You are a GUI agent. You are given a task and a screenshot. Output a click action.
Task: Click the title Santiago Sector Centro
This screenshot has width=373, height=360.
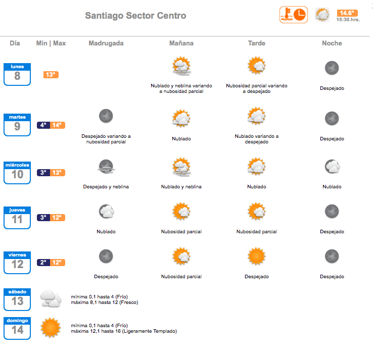click(135, 16)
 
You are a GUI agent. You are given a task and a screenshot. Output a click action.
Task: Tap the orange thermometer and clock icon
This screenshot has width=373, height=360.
click(294, 15)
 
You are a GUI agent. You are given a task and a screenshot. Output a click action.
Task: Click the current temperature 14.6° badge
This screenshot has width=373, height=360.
click(347, 13)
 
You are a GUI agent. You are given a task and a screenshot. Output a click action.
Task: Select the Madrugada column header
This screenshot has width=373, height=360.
click(106, 43)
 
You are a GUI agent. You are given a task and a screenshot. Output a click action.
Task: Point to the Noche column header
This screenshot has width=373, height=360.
click(332, 43)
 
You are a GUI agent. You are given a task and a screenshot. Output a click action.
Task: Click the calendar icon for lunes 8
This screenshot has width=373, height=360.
click(17, 74)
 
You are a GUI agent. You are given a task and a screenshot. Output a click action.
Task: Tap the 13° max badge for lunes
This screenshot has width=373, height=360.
click(51, 75)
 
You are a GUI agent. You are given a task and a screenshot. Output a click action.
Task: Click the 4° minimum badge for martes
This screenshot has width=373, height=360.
click(43, 125)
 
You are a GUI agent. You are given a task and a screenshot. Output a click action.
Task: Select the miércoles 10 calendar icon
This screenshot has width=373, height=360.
click(17, 173)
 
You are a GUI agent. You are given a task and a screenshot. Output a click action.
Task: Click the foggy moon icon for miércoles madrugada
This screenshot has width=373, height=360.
click(106, 167)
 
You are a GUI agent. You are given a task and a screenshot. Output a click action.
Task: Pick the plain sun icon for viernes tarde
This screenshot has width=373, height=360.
click(256, 256)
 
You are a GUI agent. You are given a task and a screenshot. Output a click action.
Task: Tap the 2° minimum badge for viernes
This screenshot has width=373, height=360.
click(43, 263)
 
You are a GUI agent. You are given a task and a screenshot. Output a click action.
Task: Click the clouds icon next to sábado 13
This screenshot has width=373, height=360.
click(51, 298)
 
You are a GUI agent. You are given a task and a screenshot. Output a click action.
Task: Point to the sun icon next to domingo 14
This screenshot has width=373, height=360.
click(51, 328)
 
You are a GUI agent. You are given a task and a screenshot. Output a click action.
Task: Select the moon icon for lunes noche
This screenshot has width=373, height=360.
click(332, 68)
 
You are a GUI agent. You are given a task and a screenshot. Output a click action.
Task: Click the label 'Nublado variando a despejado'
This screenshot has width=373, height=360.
click(257, 139)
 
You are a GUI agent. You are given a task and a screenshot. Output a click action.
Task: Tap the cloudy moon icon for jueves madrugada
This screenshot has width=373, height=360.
click(107, 211)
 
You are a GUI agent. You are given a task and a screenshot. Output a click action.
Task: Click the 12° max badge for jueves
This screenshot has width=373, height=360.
click(57, 218)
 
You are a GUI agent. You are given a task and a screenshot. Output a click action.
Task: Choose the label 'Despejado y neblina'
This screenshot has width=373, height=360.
click(106, 187)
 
